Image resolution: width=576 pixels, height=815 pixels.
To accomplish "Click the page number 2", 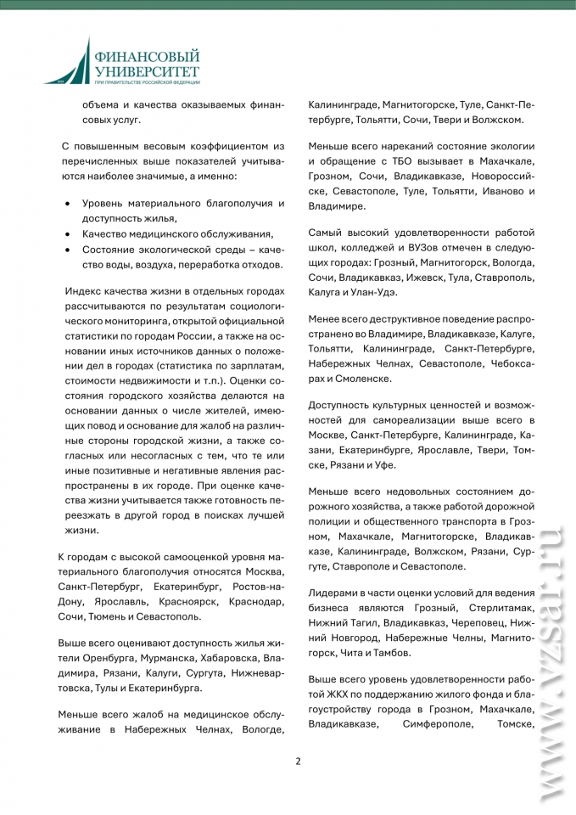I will pyautogui.click(x=298, y=760).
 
